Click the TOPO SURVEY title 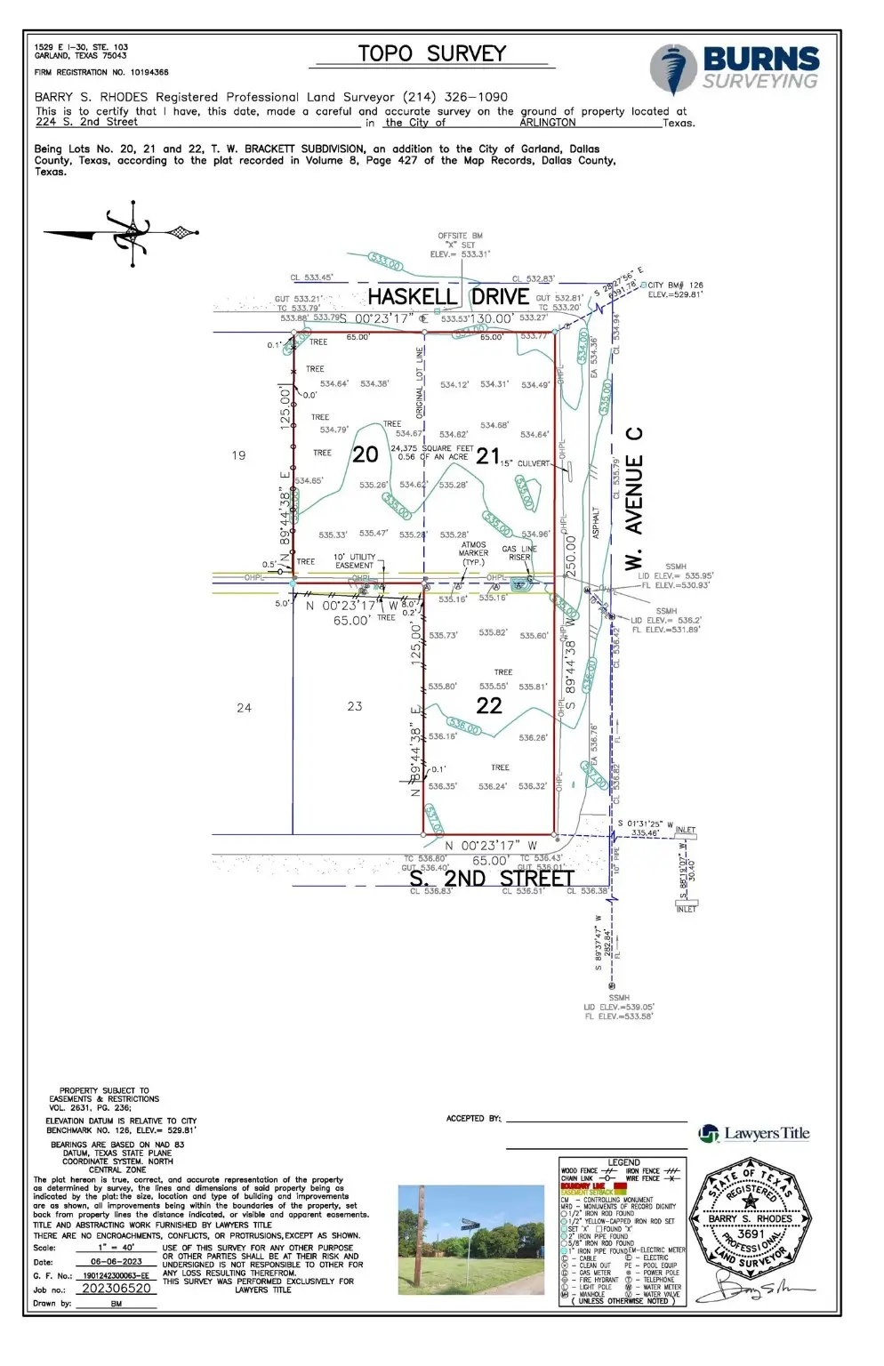(431, 53)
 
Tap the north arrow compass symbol (132, 234)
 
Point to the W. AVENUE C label (633, 498)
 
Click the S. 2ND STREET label (491, 878)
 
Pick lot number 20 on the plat (366, 454)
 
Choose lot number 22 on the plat (489, 705)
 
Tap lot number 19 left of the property (238, 455)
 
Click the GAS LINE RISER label (519, 553)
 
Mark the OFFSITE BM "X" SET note (460, 245)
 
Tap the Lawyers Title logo (755, 1133)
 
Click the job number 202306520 (116, 1288)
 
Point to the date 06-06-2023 (116, 1261)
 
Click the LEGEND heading (623, 1162)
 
